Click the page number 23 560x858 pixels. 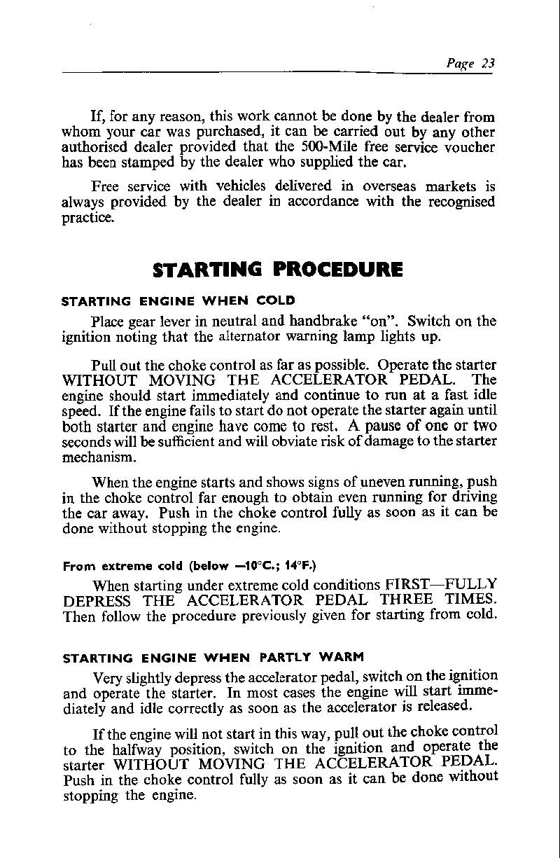[x=488, y=63]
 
